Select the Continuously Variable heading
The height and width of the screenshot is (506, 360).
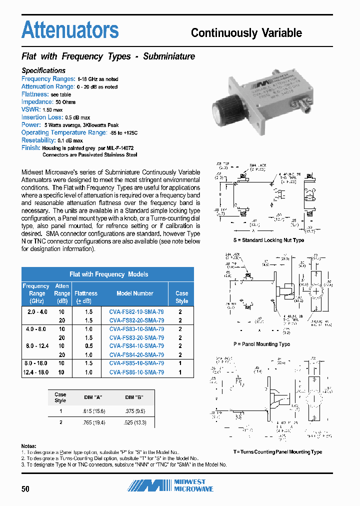click(x=246, y=33)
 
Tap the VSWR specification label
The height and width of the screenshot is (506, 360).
click(x=29, y=109)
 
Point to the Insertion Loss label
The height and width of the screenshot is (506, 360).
click(x=42, y=117)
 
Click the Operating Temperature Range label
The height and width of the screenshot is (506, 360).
click(x=64, y=132)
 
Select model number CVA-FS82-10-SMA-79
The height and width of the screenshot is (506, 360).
click(x=136, y=311)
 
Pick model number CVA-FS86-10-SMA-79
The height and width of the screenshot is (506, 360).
click(x=136, y=372)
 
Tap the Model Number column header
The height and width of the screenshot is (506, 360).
click(x=135, y=293)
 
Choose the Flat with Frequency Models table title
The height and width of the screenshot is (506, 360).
click(x=108, y=274)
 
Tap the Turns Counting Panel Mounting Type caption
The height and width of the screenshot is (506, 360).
click(x=277, y=451)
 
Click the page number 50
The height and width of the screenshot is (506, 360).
click(x=25, y=489)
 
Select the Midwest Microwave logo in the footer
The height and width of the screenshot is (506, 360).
click(x=170, y=485)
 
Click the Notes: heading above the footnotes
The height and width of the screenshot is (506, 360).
click(x=29, y=445)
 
